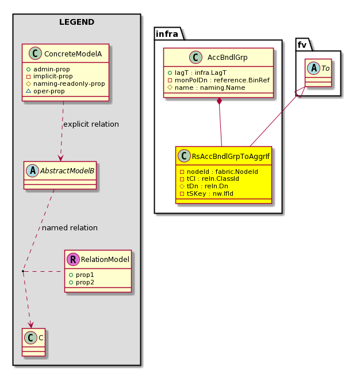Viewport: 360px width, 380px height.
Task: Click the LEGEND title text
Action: (76, 22)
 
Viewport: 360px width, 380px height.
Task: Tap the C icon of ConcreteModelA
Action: (35, 54)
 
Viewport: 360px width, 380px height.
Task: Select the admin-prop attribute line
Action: (48, 69)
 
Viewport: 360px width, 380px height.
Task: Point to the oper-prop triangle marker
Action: (28, 91)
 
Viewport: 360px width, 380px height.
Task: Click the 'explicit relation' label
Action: (91, 124)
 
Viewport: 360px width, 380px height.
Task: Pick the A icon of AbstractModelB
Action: (32, 170)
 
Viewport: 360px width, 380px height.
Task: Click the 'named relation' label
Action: (70, 228)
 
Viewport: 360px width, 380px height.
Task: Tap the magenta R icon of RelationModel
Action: (74, 259)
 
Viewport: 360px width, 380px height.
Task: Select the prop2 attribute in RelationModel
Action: (82, 282)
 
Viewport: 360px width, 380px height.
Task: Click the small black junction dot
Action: (23, 271)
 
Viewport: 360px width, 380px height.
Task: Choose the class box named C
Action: (34, 342)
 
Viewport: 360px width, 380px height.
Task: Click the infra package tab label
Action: (167, 34)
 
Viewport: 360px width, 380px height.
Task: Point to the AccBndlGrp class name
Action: (227, 58)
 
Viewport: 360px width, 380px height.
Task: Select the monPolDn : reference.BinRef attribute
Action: (219, 80)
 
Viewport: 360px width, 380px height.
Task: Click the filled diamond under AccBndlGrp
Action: (219, 101)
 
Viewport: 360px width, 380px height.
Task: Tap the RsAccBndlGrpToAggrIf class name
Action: (231, 156)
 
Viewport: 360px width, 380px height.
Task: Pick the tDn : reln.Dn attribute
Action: (204, 186)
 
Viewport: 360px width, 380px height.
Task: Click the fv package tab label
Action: (302, 45)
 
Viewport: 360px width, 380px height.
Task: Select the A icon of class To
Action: (314, 69)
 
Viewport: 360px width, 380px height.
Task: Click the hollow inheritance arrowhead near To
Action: (300, 92)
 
